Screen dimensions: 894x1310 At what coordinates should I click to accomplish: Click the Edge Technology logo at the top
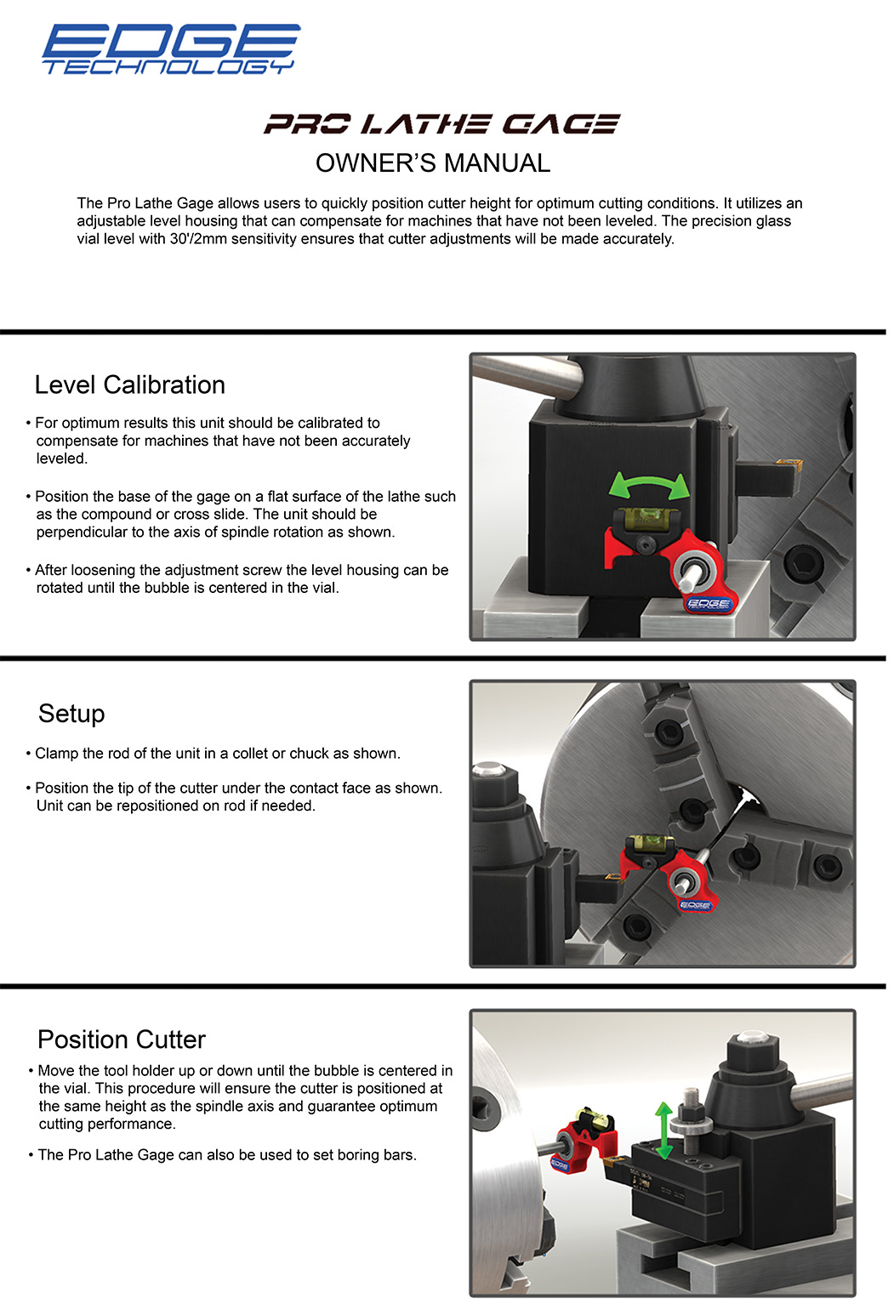(x=171, y=48)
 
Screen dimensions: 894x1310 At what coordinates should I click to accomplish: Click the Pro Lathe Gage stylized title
(x=441, y=123)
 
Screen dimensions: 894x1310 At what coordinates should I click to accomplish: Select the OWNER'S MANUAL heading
(x=433, y=163)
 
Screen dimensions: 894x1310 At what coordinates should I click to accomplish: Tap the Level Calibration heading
(x=130, y=384)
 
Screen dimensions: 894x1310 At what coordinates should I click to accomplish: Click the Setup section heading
(x=71, y=714)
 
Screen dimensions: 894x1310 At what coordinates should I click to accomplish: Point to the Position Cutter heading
(x=122, y=1039)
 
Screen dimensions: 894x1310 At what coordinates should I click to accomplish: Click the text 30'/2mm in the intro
(x=198, y=238)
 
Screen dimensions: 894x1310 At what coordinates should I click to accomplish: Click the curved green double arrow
(x=649, y=483)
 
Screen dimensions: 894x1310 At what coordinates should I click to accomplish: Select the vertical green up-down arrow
(x=663, y=1131)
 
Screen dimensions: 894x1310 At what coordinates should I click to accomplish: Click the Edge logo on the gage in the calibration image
(x=708, y=604)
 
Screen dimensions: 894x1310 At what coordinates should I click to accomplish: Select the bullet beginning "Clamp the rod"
(x=214, y=754)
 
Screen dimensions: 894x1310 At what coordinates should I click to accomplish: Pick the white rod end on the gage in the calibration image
(x=686, y=583)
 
